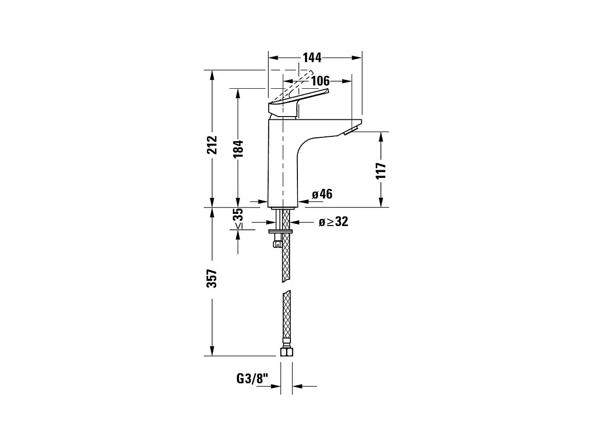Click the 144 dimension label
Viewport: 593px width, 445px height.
pyautogui.click(x=312, y=58)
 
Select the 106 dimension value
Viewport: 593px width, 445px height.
pyautogui.click(x=320, y=81)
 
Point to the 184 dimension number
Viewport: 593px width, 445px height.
pyautogui.click(x=238, y=149)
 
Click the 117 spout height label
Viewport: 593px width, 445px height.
pyautogui.click(x=381, y=170)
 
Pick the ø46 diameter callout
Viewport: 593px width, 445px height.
pyautogui.click(x=322, y=194)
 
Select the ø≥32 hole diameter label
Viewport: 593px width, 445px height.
pyautogui.click(x=333, y=222)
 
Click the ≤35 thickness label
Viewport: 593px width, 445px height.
pyautogui.click(x=239, y=218)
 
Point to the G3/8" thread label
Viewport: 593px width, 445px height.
pyautogui.click(x=252, y=378)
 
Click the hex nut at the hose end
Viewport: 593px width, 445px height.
pyautogui.click(x=286, y=352)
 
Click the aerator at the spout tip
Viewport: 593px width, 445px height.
pyautogui.click(x=352, y=130)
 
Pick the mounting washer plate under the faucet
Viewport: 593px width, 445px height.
pyautogui.click(x=281, y=231)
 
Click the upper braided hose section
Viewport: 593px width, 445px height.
pyautogui.click(x=286, y=257)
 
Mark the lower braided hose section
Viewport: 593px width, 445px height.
pyautogui.click(x=286, y=314)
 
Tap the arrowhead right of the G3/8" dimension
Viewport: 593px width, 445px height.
pyautogui.click(x=297, y=386)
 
